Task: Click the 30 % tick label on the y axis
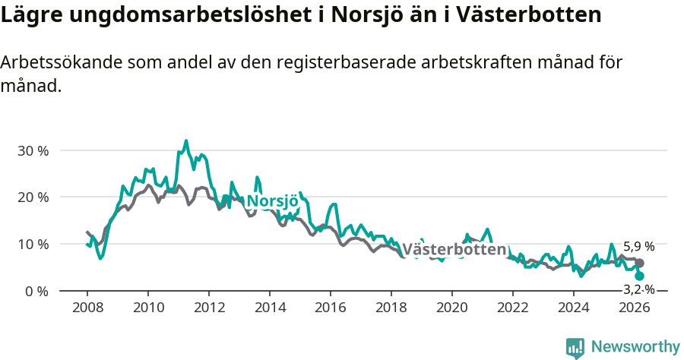(33, 150)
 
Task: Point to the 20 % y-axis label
(33, 197)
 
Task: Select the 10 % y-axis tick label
(33, 245)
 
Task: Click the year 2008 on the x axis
(87, 307)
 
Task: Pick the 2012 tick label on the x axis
(208, 307)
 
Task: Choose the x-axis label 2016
(331, 307)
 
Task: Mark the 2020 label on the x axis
(452, 307)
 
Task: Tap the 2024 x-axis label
(574, 307)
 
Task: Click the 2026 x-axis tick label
(635, 307)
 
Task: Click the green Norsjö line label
(271, 201)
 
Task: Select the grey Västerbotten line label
(454, 250)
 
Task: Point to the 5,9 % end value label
(638, 247)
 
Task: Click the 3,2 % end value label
(638, 289)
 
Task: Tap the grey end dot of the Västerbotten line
(640, 263)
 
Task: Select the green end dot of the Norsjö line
(640, 276)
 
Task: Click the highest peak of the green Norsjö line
(186, 141)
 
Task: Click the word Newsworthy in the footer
(635, 347)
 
